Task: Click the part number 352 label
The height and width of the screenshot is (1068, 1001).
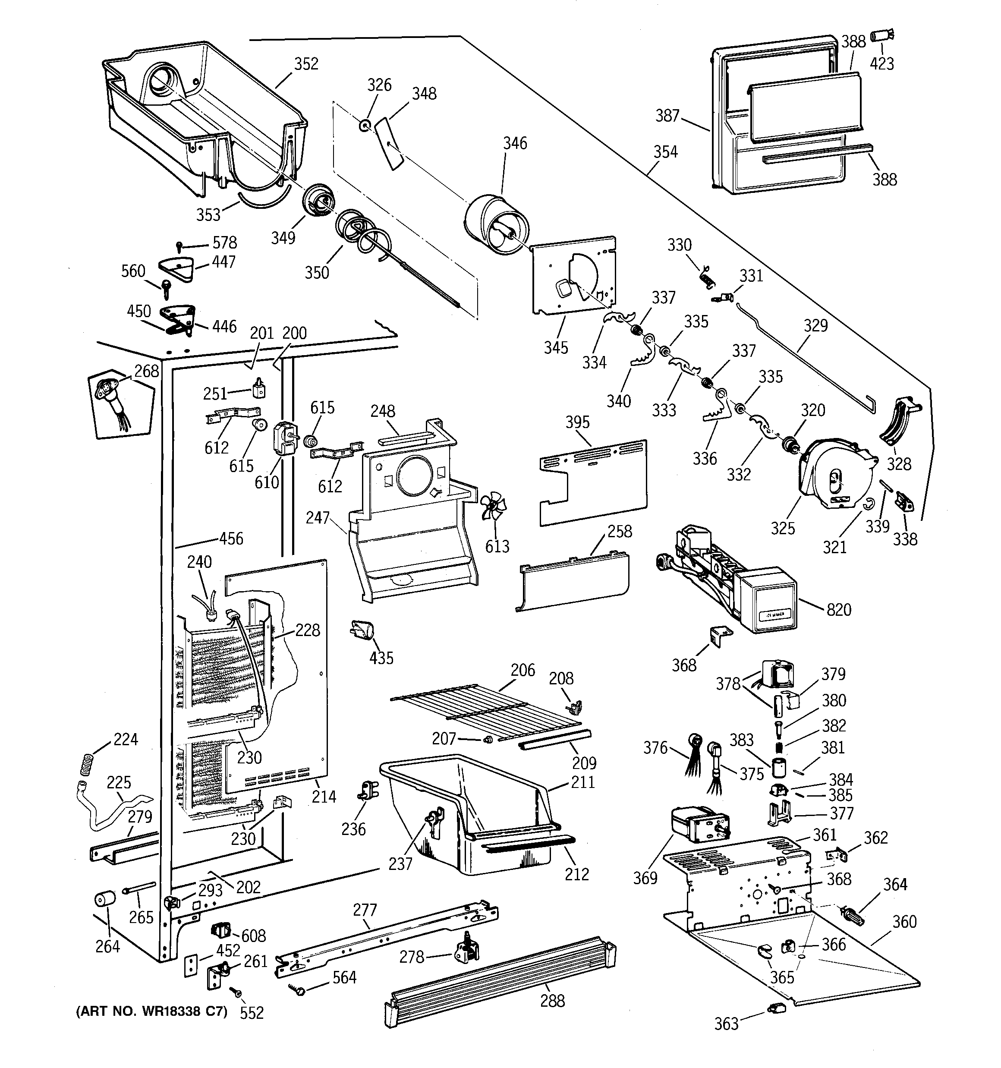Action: (x=306, y=64)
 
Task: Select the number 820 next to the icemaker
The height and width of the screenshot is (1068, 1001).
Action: (x=839, y=610)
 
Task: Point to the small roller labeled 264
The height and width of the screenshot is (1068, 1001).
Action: (x=106, y=899)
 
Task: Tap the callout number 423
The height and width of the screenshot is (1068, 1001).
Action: (x=882, y=64)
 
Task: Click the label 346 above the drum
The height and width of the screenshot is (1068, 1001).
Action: (x=515, y=143)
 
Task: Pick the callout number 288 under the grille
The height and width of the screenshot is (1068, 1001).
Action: (x=552, y=1001)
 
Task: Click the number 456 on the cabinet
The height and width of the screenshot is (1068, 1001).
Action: (x=231, y=539)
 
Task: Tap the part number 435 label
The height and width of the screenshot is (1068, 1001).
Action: (x=381, y=658)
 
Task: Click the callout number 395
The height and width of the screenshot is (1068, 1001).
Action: (x=578, y=422)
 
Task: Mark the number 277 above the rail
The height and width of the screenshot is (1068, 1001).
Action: (x=365, y=910)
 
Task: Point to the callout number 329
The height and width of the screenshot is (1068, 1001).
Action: (x=815, y=325)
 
